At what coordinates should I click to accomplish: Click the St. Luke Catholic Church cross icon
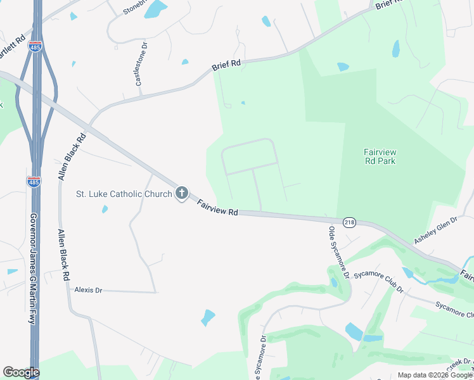click(182, 193)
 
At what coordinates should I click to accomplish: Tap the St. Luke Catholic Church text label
click(124, 194)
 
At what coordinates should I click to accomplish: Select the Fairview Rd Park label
click(380, 156)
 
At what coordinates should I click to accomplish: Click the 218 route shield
click(349, 222)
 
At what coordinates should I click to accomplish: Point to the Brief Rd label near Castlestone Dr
click(227, 64)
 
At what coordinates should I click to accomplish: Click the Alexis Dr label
click(88, 289)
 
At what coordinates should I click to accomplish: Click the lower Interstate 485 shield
click(34, 182)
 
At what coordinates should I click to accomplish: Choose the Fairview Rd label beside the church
click(217, 208)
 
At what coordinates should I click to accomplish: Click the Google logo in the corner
click(21, 372)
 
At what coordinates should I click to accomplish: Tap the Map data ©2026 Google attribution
click(435, 375)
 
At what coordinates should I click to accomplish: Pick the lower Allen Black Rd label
click(63, 255)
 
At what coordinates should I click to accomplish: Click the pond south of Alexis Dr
click(208, 317)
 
